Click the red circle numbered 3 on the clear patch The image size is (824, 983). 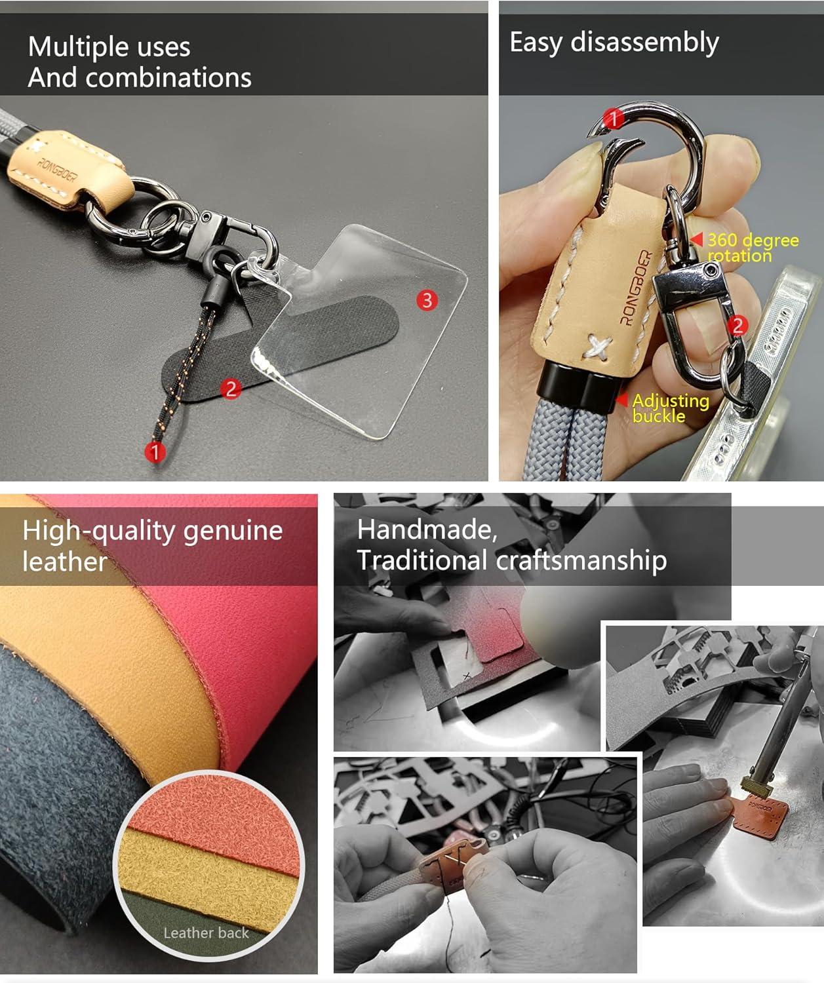coord(427,300)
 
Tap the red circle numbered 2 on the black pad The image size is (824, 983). coord(231,389)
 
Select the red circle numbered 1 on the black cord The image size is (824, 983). coord(155,452)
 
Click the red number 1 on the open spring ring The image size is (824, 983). coord(613,119)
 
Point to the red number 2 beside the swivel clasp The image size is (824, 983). coord(737,326)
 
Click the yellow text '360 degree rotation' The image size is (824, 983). coord(753,248)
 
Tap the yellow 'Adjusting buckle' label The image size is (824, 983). coord(671,408)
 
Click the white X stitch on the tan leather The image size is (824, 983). coord(598,347)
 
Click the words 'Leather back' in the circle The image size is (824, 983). coord(206,933)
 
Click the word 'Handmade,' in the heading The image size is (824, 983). coord(427,530)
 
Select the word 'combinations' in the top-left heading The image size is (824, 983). coord(168,77)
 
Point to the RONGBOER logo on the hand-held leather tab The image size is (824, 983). coord(636,288)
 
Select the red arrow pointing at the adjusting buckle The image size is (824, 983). coord(621,400)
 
